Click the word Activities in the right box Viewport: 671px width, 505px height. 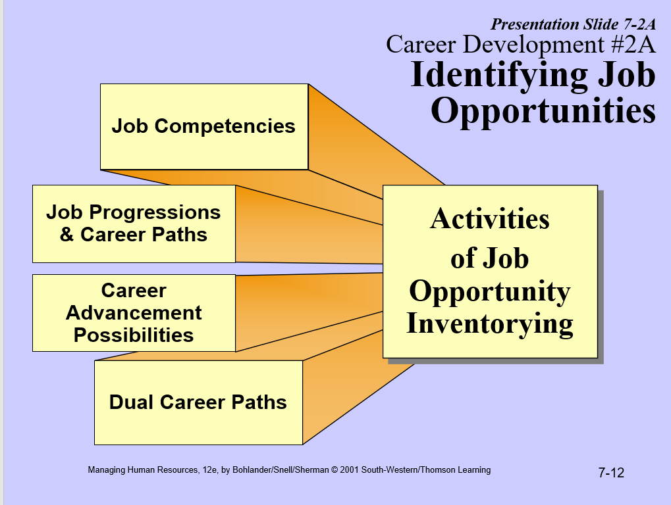coord(489,219)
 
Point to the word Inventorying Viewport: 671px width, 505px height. coord(489,324)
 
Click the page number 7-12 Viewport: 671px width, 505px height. coord(610,472)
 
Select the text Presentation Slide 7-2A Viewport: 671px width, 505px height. coord(573,25)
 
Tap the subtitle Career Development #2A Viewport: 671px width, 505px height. coord(520,45)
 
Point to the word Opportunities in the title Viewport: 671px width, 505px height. coord(543,110)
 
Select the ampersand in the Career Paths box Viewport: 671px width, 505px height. coord(67,235)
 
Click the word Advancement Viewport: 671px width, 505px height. coord(134,312)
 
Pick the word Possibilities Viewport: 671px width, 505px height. coord(134,335)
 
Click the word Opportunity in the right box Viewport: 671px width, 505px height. coord(489,292)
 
